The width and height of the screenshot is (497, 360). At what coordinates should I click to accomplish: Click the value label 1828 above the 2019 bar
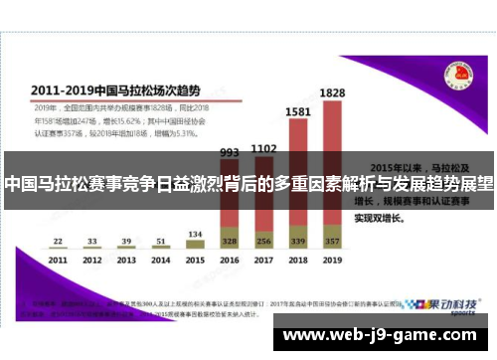pyautogui.click(x=333, y=92)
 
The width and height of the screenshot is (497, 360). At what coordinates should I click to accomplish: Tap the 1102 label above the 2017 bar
pyautogui.click(x=263, y=149)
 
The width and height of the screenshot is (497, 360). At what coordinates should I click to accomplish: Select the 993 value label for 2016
pyautogui.click(x=229, y=153)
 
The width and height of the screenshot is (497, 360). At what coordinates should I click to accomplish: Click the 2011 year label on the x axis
pyautogui.click(x=58, y=260)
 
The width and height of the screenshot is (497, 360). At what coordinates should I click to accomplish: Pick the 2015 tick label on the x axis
pyautogui.click(x=195, y=260)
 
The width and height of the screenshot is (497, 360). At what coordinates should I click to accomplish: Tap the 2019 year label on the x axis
pyautogui.click(x=332, y=260)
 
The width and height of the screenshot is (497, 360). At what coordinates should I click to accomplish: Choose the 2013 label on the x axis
pyautogui.click(x=126, y=260)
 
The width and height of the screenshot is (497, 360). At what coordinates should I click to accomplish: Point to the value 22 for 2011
pyautogui.click(x=58, y=241)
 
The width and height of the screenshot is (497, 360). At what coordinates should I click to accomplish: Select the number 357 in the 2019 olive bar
pyautogui.click(x=332, y=241)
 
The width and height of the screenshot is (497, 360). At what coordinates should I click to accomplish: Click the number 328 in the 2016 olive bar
pyautogui.click(x=230, y=242)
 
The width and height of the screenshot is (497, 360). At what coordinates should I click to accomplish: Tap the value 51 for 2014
pyautogui.click(x=160, y=241)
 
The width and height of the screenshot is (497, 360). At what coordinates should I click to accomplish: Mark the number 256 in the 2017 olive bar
pyautogui.click(x=263, y=242)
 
